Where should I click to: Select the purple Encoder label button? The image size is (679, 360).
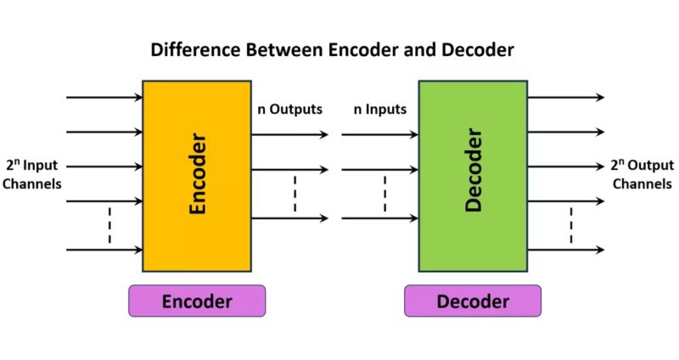pyautogui.click(x=197, y=301)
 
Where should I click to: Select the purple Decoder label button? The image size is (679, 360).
pyautogui.click(x=473, y=301)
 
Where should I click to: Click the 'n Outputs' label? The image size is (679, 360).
pyautogui.click(x=289, y=110)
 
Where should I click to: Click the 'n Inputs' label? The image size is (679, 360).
pyautogui.click(x=380, y=110)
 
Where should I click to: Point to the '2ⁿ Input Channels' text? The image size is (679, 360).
pyautogui.click(x=32, y=174)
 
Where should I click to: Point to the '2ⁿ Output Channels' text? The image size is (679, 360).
pyautogui.click(x=643, y=174)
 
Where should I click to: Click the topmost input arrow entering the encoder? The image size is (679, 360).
pyautogui.click(x=104, y=97)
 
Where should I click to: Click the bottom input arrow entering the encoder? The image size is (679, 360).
pyautogui.click(x=104, y=250)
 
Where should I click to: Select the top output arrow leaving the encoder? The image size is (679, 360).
pyautogui.click(x=289, y=134)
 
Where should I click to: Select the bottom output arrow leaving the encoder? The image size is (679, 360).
pyautogui.click(x=289, y=218)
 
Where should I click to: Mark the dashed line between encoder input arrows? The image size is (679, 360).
pyautogui.click(x=109, y=225)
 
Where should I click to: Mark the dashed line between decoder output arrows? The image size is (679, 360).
pyautogui.click(x=571, y=225)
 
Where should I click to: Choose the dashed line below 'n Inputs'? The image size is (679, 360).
pyautogui.click(x=384, y=194)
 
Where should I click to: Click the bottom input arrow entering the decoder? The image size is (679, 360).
pyautogui.click(x=379, y=218)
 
